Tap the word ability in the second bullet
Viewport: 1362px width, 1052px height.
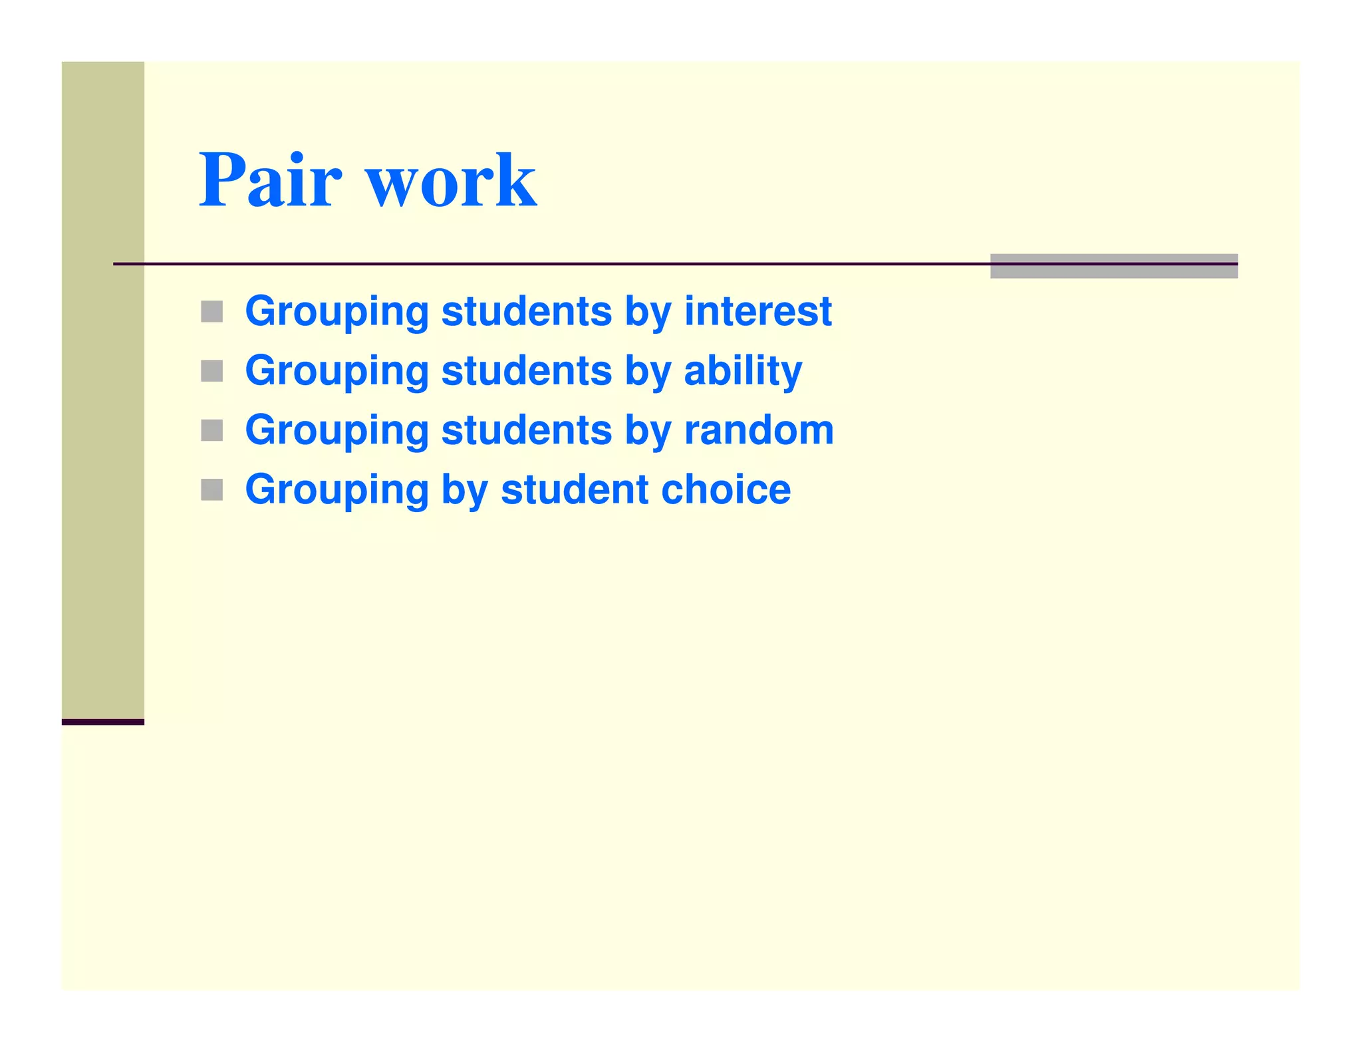[x=743, y=370]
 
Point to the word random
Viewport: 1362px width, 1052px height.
[x=759, y=430]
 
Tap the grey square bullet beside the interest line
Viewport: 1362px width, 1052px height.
[x=211, y=311]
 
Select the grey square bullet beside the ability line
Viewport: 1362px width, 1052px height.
[x=211, y=371]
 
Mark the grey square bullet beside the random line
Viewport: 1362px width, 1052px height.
[x=211, y=430]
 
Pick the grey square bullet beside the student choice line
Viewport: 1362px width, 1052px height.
[x=211, y=490]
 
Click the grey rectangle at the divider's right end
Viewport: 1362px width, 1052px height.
[x=1113, y=266]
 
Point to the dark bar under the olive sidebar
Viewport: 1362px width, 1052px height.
[x=103, y=722]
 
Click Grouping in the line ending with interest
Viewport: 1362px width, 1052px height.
[x=337, y=312]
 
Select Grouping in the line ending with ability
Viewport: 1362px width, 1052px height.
[x=337, y=372]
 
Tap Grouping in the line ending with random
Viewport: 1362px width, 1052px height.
[x=337, y=431]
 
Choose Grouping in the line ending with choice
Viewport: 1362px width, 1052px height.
[x=337, y=491]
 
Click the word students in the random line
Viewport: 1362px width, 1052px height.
[x=526, y=430]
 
